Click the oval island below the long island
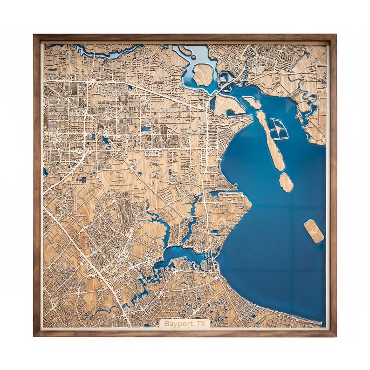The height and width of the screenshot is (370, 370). [286, 182]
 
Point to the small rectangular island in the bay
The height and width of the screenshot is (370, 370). [314, 231]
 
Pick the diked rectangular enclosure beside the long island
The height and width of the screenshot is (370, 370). [279, 129]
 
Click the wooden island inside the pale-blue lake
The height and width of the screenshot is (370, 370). [203, 75]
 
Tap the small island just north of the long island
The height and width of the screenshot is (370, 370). [252, 102]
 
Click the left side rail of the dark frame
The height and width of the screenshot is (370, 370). [36, 186]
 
